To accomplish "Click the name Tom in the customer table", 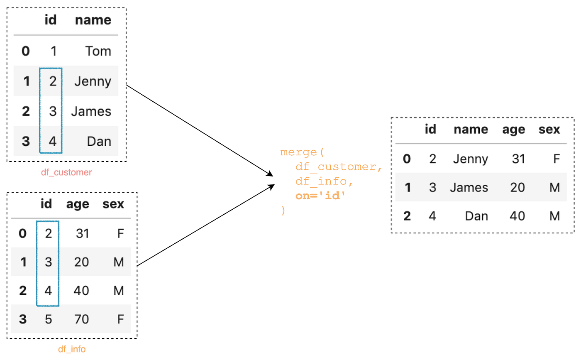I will pos(98,51).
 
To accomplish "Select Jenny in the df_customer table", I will pos(93,81).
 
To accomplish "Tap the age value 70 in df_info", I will pos(82,319).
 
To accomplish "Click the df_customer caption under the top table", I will pos(66,172).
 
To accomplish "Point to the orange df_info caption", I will pos(72,349).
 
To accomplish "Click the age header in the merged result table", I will pos(514,130).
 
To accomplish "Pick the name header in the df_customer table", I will pos(93,20).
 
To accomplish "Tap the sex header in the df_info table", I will pos(113,204).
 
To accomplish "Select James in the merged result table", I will pos(469,187).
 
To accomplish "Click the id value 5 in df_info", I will pos(48,319).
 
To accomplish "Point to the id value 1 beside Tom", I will pos(53,51).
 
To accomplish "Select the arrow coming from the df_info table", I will pos(205,225).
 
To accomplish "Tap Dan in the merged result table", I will pos(476,216).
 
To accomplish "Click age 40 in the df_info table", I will pos(82,290).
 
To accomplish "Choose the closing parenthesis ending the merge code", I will pos(283,210).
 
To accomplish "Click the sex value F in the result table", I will pos(557,159).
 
